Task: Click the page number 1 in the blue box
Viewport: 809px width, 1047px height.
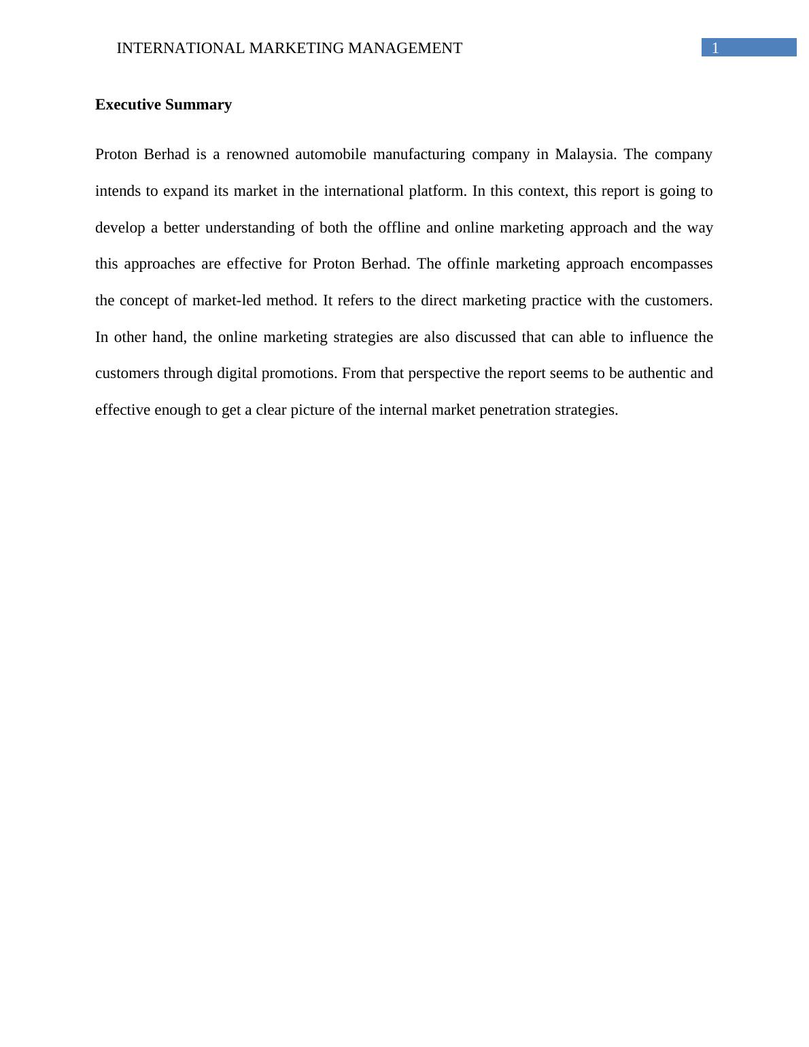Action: [x=715, y=48]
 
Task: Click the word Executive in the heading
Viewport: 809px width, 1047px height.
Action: [x=128, y=105]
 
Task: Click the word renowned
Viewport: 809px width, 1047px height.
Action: [x=257, y=154]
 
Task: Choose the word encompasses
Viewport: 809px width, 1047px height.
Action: [x=671, y=264]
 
